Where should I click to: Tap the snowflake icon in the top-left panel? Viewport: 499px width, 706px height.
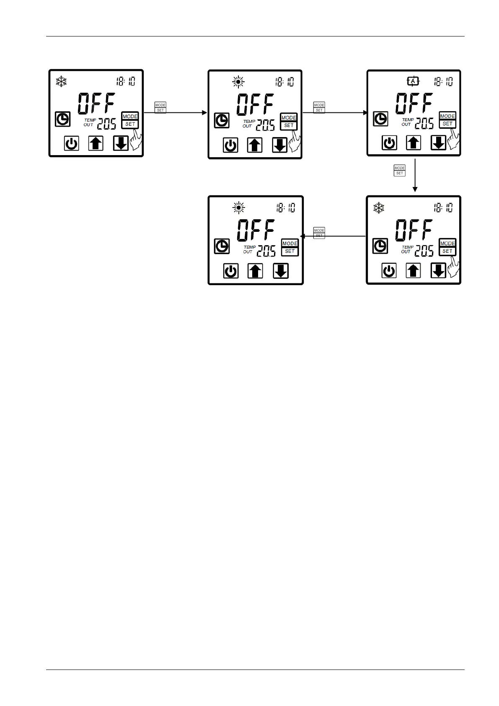(x=62, y=81)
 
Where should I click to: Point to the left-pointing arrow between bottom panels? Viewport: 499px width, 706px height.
(x=333, y=236)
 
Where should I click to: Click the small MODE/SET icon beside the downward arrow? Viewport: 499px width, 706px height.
(x=399, y=171)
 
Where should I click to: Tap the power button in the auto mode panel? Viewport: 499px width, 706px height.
(x=389, y=143)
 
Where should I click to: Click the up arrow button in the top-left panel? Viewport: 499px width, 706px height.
(x=96, y=144)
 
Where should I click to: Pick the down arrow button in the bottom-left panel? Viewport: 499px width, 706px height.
(x=280, y=271)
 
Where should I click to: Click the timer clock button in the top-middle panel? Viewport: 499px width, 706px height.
(x=222, y=121)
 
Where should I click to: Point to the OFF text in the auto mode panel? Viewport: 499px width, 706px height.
(x=414, y=104)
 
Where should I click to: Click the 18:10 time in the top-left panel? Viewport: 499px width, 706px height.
(x=126, y=81)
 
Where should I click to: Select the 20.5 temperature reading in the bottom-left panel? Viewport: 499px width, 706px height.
(x=266, y=251)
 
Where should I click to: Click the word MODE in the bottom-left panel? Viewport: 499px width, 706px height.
(x=290, y=244)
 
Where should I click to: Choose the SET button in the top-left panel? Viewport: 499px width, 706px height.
(x=130, y=124)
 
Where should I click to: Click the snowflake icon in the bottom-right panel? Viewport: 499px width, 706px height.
(x=379, y=208)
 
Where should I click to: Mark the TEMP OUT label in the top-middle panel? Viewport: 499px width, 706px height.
(x=248, y=124)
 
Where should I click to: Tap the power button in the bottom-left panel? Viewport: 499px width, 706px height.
(x=230, y=271)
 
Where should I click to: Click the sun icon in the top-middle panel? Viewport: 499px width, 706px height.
(x=238, y=82)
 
